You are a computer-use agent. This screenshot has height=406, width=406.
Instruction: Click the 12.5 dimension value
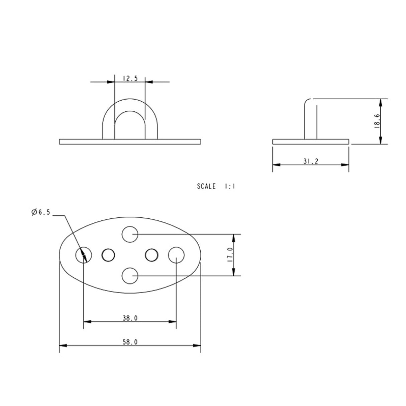tap(130, 79)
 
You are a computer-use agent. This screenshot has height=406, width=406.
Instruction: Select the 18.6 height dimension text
tap(377, 121)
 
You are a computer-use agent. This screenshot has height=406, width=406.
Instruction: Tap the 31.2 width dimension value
tap(311, 161)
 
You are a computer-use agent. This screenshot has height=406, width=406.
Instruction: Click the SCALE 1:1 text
tap(216, 187)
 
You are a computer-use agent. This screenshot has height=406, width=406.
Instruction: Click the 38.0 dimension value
tap(130, 318)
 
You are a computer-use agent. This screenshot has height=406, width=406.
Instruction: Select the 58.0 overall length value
tap(130, 342)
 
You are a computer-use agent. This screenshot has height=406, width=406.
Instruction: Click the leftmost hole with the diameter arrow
tap(83, 255)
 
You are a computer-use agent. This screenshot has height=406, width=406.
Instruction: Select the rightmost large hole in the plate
tap(176, 255)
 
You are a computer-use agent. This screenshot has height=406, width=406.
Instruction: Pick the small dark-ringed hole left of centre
tap(108, 255)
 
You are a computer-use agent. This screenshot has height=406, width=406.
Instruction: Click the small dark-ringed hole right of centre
tap(151, 255)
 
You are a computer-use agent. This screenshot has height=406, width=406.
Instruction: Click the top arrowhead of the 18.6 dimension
tap(381, 102)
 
